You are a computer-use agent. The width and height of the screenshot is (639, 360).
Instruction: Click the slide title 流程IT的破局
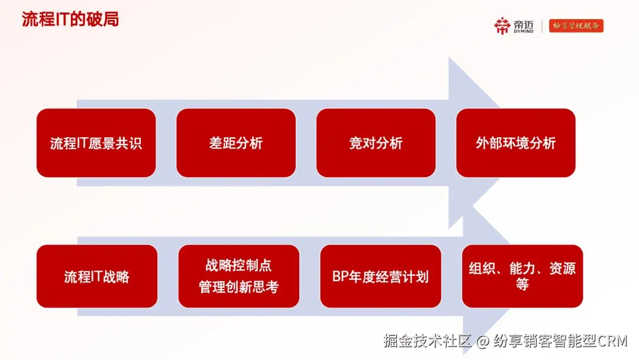click(x=70, y=19)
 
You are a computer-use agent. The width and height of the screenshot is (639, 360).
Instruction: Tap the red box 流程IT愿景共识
click(x=96, y=143)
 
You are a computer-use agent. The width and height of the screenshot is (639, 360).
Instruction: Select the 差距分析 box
click(x=236, y=143)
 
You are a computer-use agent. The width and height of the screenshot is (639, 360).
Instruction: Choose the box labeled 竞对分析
click(x=376, y=143)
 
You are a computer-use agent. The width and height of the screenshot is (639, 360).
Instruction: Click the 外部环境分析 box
click(x=515, y=143)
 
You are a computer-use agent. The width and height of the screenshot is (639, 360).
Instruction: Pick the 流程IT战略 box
click(x=97, y=276)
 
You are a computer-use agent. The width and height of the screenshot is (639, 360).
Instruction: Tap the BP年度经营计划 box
click(x=380, y=276)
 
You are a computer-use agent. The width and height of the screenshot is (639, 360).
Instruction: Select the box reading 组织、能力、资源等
click(x=522, y=276)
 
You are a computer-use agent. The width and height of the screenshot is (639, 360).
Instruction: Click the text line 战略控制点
click(x=238, y=265)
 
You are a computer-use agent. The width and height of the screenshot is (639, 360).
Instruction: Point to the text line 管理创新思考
click(x=238, y=287)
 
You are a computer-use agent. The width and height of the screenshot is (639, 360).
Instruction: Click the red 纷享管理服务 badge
click(x=576, y=25)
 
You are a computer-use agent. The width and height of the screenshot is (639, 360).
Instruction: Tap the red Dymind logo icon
click(x=502, y=25)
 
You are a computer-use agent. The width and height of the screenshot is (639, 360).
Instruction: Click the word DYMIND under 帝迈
click(x=524, y=31)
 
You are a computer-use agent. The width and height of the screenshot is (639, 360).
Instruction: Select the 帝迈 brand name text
click(x=524, y=24)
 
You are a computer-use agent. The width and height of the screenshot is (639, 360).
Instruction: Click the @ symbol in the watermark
click(x=483, y=341)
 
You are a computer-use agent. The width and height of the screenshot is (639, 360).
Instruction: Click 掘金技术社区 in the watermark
click(x=428, y=341)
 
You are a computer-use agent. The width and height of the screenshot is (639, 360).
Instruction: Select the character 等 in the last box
click(x=522, y=284)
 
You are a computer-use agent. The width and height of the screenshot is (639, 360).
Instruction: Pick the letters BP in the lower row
click(x=340, y=277)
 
